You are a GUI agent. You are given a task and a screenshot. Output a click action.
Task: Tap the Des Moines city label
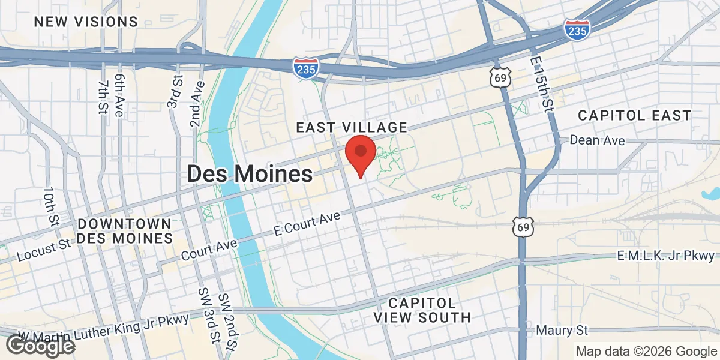coord(250,174)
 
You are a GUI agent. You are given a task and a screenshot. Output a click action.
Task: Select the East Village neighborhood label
coord(352,127)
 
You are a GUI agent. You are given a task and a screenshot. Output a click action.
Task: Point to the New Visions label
coord(86,22)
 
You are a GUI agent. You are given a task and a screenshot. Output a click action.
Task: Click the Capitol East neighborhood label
coord(635,115)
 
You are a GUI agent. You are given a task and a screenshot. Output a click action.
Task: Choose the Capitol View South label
coord(422,310)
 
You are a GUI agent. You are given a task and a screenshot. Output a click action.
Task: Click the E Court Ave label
coord(307,223)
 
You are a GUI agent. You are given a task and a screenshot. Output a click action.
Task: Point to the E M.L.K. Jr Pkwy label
coord(666,256)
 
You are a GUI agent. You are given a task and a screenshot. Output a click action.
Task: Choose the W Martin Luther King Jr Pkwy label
coord(103,327)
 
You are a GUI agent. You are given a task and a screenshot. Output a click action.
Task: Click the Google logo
coord(41,345)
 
